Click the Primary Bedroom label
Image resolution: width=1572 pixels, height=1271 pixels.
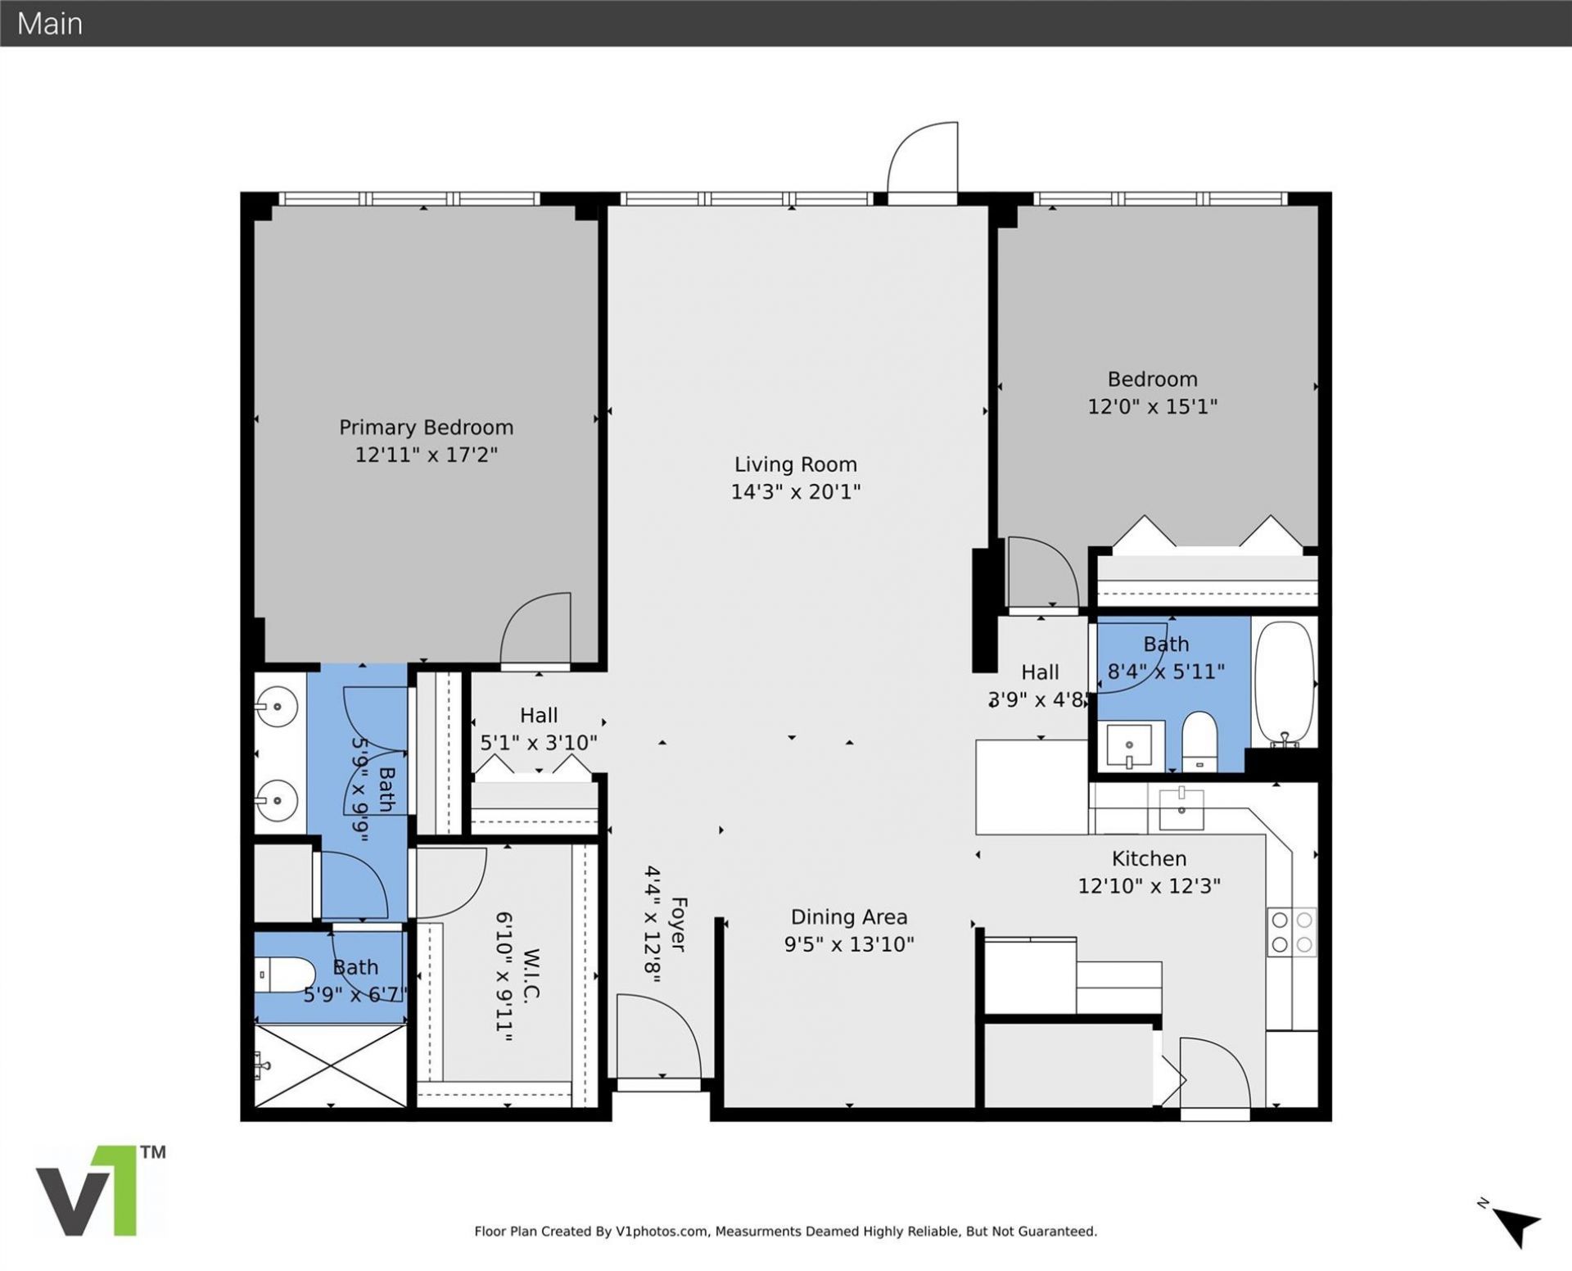tap(426, 427)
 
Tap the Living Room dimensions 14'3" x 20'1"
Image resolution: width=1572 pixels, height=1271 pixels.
tap(795, 491)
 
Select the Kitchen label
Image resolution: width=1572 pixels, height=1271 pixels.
tap(1149, 858)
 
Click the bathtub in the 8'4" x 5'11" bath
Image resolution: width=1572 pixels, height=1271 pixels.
tap(1284, 681)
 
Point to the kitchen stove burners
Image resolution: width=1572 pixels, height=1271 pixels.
tap(1291, 932)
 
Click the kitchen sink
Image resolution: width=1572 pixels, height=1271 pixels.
tap(1181, 808)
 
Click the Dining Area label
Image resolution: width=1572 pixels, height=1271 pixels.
tap(848, 917)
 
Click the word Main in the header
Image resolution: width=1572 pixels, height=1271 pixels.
tap(50, 24)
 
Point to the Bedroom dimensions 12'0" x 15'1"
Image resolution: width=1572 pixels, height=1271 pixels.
tap(1152, 406)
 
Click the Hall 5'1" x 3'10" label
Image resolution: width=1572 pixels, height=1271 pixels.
tap(538, 729)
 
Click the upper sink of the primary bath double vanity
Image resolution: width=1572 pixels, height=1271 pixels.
tap(277, 706)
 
